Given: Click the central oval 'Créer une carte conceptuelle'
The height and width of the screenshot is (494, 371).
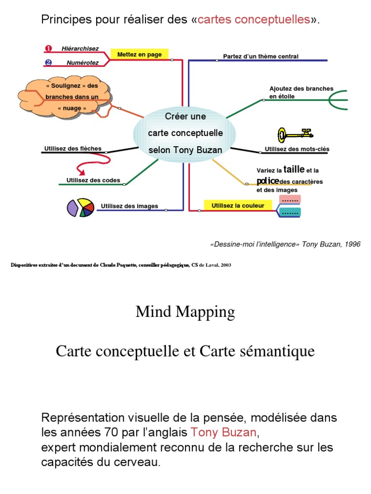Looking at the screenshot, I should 185,133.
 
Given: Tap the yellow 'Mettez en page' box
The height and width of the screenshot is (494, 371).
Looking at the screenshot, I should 140,55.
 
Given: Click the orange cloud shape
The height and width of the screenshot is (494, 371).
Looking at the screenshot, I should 66,98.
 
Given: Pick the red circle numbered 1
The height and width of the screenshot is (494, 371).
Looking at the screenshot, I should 48,48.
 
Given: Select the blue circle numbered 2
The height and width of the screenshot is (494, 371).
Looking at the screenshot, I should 48,62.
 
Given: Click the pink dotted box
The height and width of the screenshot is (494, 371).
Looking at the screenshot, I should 290,199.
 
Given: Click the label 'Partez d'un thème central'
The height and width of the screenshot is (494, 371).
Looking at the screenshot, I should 261,56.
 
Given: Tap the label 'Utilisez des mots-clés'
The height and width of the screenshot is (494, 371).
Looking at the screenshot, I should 297,149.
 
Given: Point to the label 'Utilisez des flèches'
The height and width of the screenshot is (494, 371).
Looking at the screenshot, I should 73,149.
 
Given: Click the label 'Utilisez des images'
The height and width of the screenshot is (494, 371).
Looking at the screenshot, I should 129,206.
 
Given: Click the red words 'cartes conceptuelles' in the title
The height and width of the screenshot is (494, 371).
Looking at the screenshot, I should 254,20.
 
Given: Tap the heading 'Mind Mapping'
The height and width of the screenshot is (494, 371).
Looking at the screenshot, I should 185,312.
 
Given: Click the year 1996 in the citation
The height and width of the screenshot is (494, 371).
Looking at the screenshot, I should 352,244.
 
